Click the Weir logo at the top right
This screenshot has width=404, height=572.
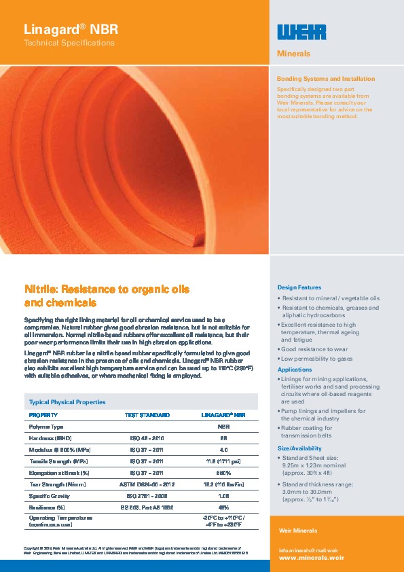pos(302,32)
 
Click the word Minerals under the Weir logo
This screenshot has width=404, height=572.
pos(294,54)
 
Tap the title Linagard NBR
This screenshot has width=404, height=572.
pos(71,29)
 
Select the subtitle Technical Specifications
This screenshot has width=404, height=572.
pos(69,43)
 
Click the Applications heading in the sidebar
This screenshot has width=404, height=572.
pos(295,370)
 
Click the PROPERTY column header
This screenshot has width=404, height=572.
pos(43,414)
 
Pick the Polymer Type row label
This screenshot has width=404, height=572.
pos(46,427)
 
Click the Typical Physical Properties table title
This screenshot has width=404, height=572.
pos(66,402)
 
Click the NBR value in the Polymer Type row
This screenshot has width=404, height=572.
pos(223,427)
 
